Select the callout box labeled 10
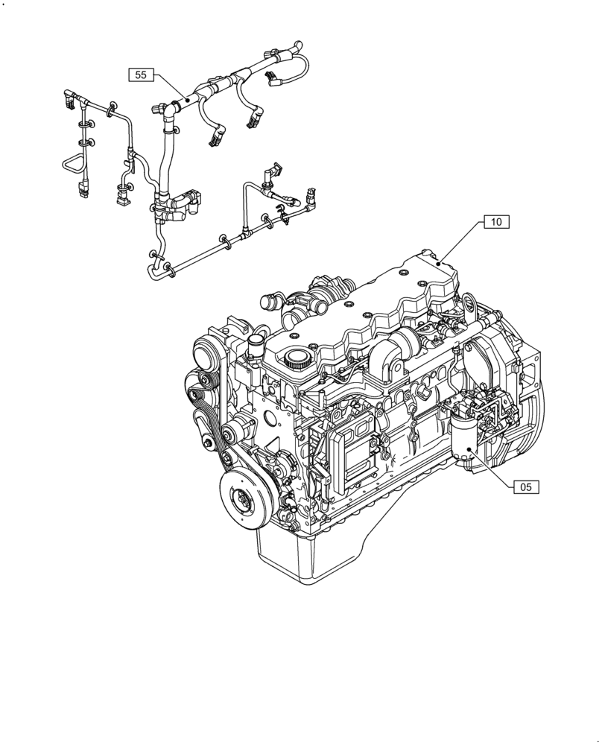pyautogui.click(x=496, y=221)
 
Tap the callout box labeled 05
pyautogui.click(x=526, y=487)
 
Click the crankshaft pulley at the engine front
pyautogui.click(x=244, y=497)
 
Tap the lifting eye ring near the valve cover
pyautogui.click(x=469, y=305)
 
